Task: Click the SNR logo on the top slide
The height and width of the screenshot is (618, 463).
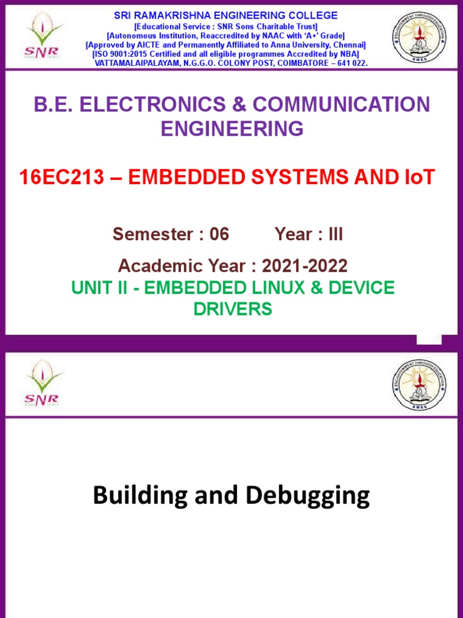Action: (42, 37)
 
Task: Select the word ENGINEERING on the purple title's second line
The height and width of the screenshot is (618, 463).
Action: (231, 129)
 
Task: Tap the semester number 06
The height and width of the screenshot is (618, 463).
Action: (219, 234)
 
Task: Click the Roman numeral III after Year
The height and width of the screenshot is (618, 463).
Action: (335, 234)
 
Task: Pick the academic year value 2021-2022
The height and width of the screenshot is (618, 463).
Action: (304, 266)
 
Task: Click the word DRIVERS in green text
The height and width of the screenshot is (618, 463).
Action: (232, 309)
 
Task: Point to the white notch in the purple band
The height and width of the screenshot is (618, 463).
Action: (429, 339)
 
